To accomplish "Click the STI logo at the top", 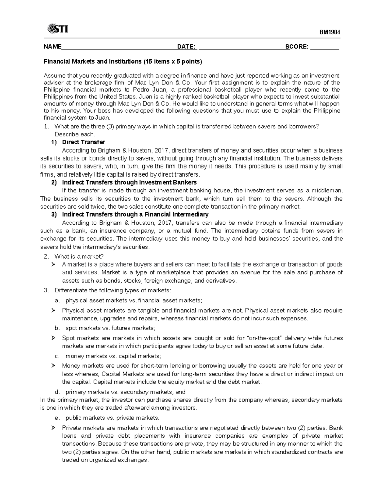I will (x=58, y=29).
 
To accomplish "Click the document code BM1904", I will (x=330, y=32).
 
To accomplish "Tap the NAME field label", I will (x=52, y=47).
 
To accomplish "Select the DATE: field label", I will (x=186, y=47).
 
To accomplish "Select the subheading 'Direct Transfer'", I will (x=83, y=142).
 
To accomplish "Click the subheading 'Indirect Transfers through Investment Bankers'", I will (x=129, y=182).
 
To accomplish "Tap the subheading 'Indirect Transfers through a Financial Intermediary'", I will (x=135, y=214).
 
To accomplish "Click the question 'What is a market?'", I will (x=79, y=256).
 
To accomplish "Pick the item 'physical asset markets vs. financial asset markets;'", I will (x=134, y=300).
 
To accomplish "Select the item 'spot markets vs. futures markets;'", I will (x=110, y=328).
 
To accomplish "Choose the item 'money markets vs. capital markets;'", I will (x=113, y=356).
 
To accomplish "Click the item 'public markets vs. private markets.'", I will (x=112, y=418).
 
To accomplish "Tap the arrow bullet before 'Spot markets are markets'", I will (x=53, y=338).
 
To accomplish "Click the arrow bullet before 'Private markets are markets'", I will (x=53, y=428).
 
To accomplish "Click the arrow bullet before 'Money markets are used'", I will (x=53, y=366).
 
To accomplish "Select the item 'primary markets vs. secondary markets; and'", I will (x=125, y=392).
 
